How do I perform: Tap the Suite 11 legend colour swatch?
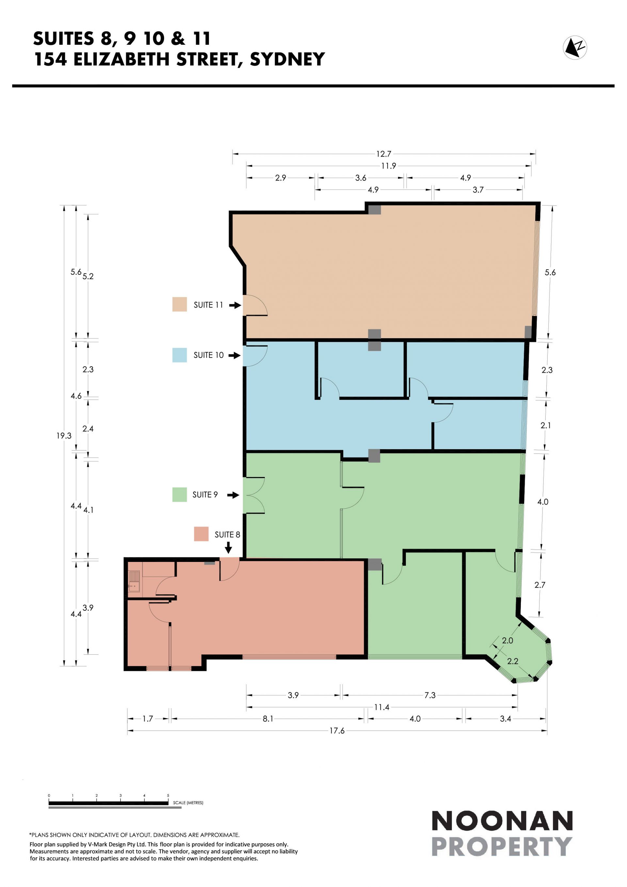[180, 304]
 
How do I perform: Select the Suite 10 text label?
[208, 355]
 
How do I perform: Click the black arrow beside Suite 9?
[233, 495]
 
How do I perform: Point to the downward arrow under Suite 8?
[228, 548]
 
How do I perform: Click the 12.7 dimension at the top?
[384, 154]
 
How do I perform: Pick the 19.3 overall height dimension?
[64, 436]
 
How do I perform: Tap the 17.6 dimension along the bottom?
[337, 731]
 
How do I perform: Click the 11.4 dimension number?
[382, 707]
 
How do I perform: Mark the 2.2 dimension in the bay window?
[513, 661]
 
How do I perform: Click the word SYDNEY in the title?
[288, 59]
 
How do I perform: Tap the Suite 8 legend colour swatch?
[201, 534]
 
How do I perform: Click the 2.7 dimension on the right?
[540, 584]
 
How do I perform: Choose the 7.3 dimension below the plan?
[430, 695]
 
